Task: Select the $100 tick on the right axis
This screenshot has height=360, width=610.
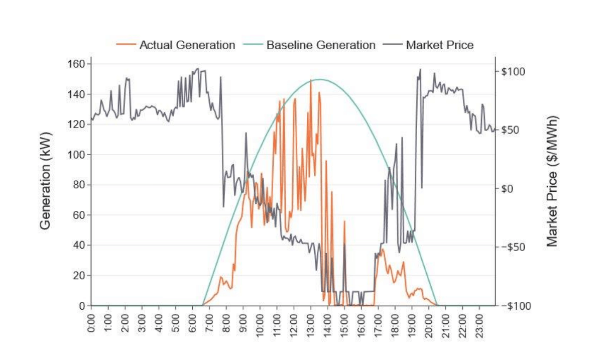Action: coord(513,71)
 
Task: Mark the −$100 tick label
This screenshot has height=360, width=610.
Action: coord(513,306)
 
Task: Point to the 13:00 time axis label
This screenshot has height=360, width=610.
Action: coord(311,323)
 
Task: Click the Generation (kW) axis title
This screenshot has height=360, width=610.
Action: coord(45,184)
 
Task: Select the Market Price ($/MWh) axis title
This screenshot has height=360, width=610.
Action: coord(552,181)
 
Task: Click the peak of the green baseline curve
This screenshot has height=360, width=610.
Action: coord(320,79)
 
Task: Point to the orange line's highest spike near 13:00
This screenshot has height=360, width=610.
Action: coord(311,80)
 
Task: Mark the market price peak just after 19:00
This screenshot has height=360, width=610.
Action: coord(420,69)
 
